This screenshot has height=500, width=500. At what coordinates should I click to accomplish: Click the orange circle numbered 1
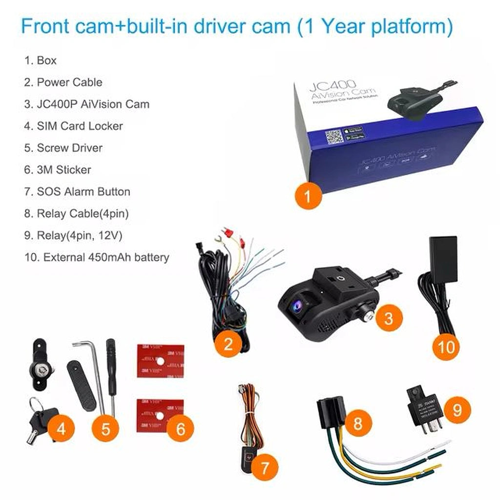(x=308, y=197)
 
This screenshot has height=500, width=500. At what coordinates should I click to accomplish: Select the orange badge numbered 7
(x=264, y=468)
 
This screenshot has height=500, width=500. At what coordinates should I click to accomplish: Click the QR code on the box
(x=335, y=136)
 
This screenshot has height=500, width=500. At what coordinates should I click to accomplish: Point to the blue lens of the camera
(x=296, y=306)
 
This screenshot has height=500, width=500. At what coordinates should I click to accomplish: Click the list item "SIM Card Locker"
(x=73, y=126)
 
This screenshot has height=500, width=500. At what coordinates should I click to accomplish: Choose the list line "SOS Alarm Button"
(x=77, y=191)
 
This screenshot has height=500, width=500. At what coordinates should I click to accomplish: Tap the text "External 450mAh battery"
(x=97, y=257)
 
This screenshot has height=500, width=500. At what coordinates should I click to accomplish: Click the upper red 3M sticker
(x=160, y=361)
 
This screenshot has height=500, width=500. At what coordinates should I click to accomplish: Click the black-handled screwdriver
(x=111, y=371)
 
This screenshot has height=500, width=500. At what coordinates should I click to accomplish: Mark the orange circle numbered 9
(x=457, y=410)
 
